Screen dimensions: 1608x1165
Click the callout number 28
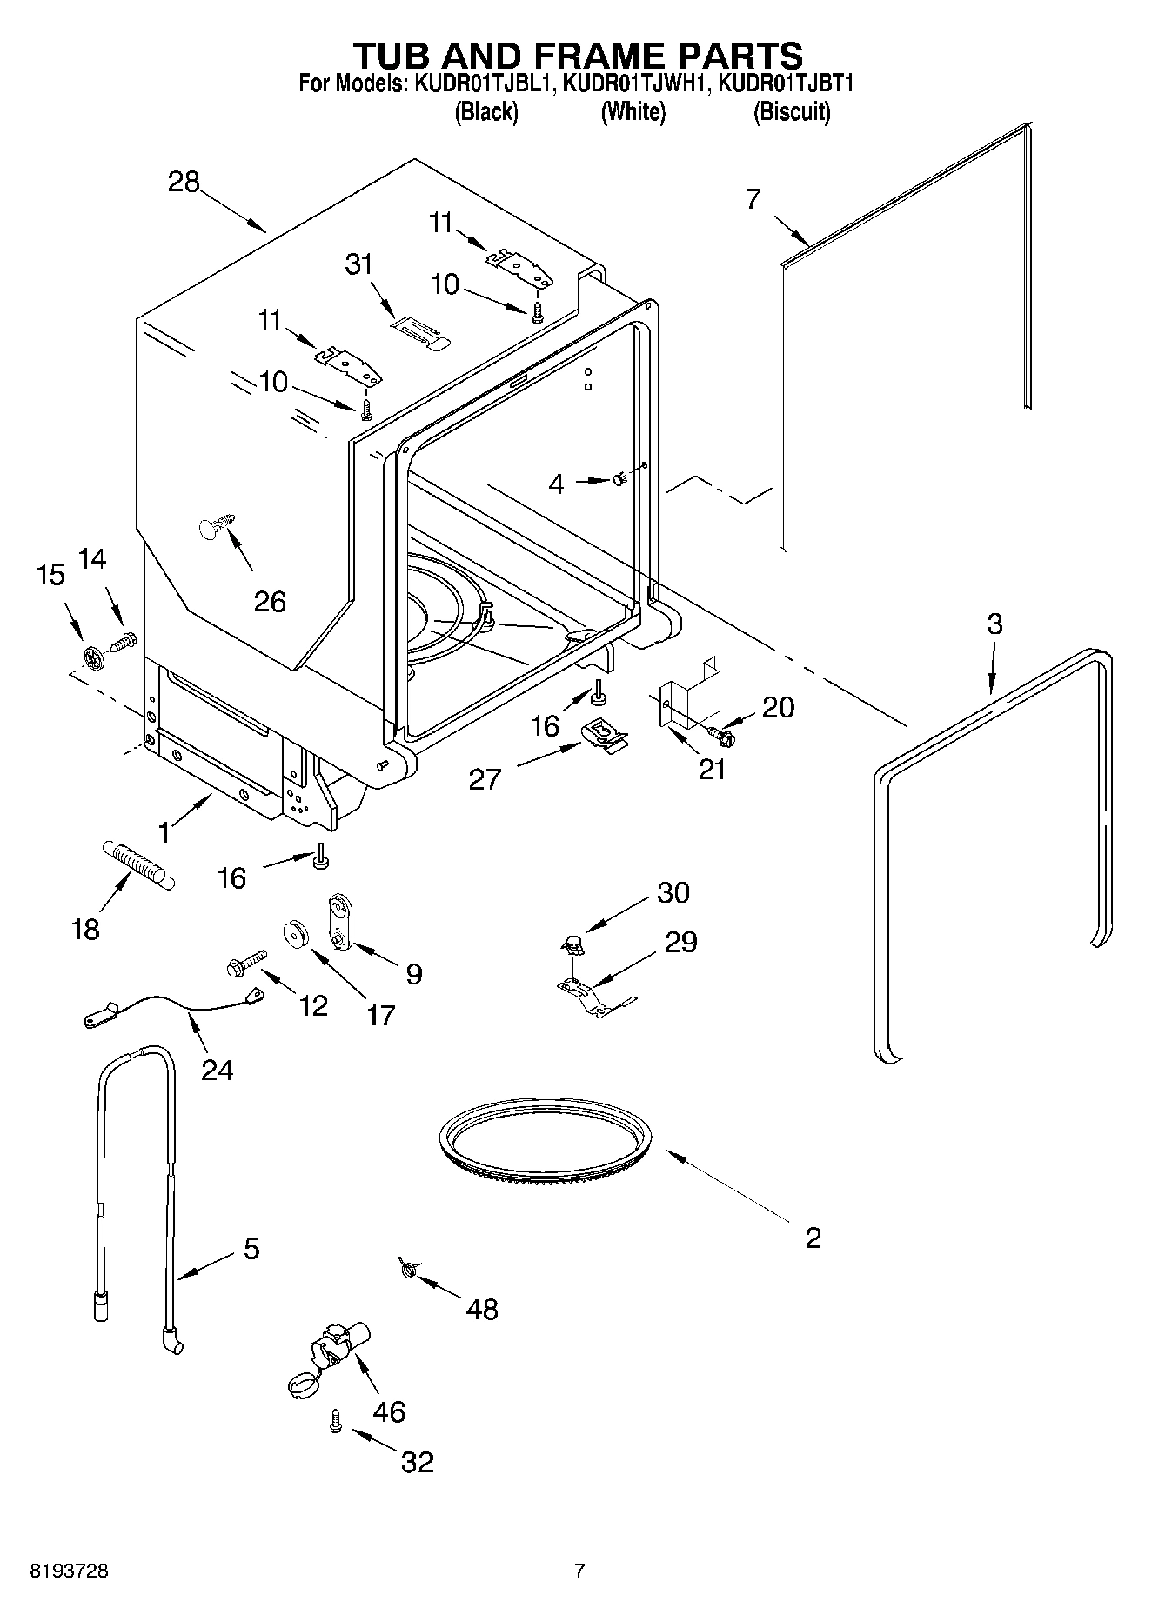pos(184,182)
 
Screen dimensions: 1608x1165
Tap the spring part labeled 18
pos(138,864)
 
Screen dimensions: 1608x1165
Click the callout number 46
pos(388,1411)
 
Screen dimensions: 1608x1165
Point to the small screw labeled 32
pos(336,1422)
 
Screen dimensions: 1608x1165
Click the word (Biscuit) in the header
pos(791,111)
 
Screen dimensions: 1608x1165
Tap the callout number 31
pos(358,264)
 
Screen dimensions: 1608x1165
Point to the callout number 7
pos(753,199)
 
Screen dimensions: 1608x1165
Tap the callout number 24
pos(217,1069)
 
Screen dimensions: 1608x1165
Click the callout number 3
pos(994,624)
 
